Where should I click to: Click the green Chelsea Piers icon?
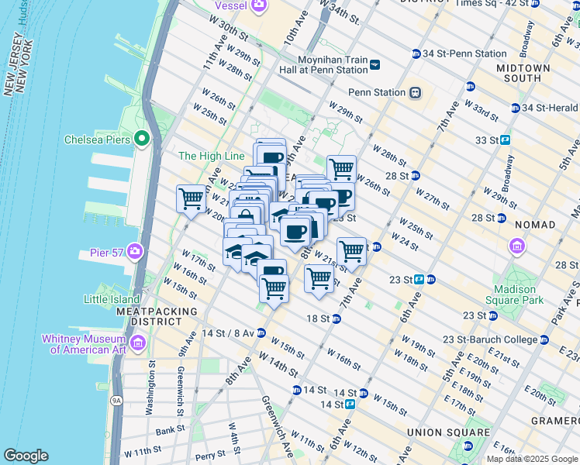tap(141, 139)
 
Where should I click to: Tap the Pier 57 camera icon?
tap(136, 251)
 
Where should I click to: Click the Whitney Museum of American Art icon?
tap(138, 343)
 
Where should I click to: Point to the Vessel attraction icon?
tap(257, 6)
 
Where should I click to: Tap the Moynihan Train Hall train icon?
tap(375, 65)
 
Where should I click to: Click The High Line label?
tap(212, 156)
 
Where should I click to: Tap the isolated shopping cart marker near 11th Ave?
tap(191, 198)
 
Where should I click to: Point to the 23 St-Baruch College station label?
tap(489, 339)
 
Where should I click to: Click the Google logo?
tap(26, 456)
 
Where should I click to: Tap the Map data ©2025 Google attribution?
tap(532, 459)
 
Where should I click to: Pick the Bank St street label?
tap(169, 430)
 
